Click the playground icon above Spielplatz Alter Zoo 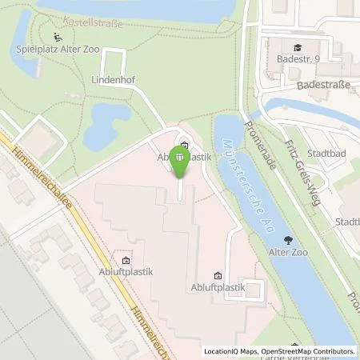pyautogui.click(x=58, y=37)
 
